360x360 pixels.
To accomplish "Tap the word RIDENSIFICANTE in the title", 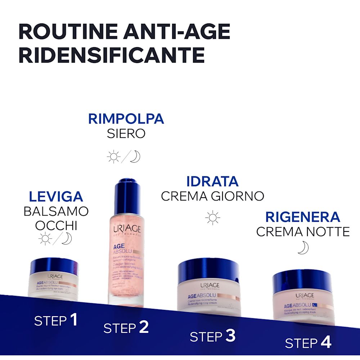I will [x=111, y=55].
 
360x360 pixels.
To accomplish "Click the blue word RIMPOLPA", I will [x=126, y=119].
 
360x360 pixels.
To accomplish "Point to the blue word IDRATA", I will [x=212, y=181].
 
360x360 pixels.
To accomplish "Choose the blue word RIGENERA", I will [x=303, y=217].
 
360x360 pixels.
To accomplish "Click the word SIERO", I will [x=126, y=134].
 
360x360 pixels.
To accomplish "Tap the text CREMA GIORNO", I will [x=212, y=196].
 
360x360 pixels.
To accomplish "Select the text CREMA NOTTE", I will [x=303, y=232].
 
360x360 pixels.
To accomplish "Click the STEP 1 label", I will [x=56, y=320].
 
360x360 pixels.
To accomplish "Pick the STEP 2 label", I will [x=126, y=327].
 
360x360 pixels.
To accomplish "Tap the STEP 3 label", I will [x=212, y=336].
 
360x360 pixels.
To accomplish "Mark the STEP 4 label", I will [x=308, y=343].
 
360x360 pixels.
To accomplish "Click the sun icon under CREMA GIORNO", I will [x=212, y=217].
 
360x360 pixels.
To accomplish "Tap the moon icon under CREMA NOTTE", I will [x=303, y=247].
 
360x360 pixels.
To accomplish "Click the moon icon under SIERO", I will [x=135, y=156].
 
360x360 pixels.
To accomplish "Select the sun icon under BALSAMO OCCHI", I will [x=45, y=239].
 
